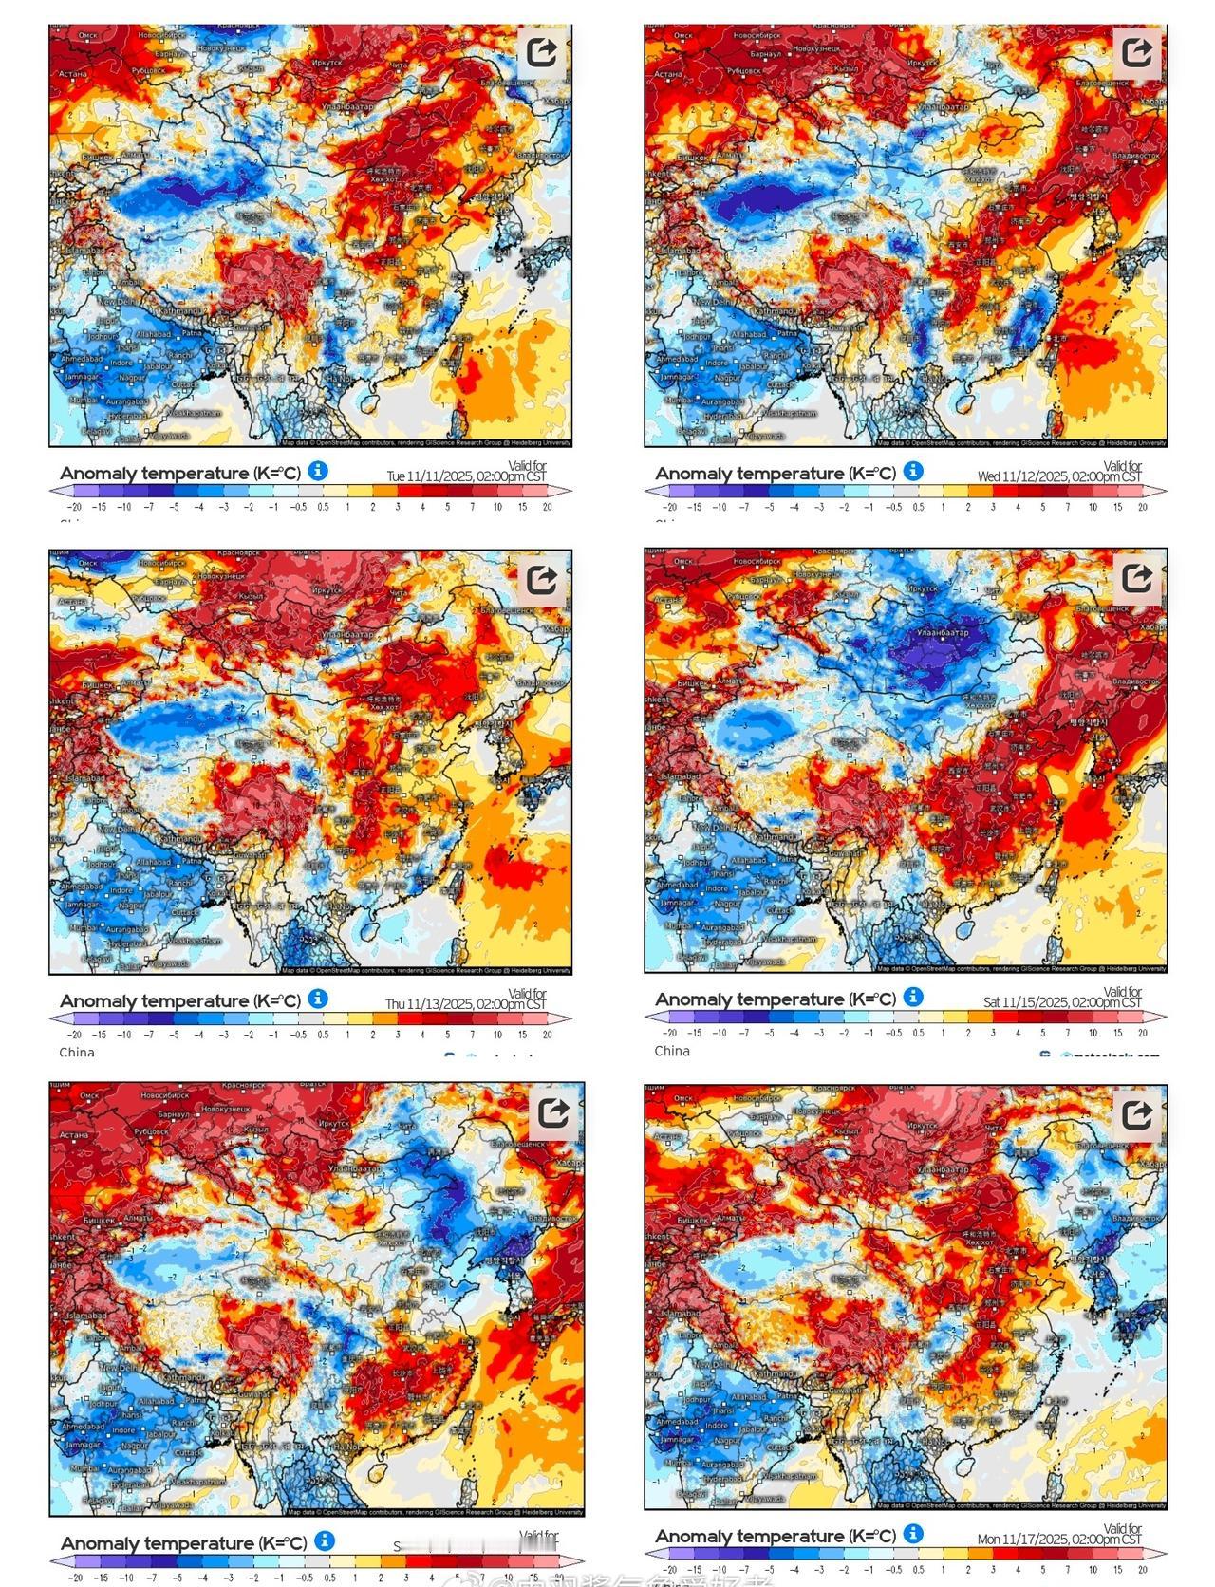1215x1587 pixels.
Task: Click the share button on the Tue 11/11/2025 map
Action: (542, 52)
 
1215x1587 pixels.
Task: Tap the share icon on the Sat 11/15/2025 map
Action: (1136, 578)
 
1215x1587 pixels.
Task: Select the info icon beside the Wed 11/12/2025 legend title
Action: (913, 471)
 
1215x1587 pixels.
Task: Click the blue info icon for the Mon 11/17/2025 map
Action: (913, 1533)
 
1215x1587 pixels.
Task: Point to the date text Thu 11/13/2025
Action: (465, 1004)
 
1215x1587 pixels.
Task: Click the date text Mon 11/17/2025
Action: (1059, 1539)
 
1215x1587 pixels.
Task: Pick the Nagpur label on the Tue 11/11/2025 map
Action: (132, 377)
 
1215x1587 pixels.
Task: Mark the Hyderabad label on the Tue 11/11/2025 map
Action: (127, 416)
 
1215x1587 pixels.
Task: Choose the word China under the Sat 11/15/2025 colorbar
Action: (672, 1051)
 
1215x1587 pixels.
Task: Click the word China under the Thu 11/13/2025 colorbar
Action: (77, 1052)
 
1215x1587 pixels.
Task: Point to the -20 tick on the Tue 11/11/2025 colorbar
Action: (74, 507)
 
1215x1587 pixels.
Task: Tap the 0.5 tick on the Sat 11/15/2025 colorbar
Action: (918, 1033)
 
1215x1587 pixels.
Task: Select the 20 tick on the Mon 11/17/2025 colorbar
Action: (1142, 1569)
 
